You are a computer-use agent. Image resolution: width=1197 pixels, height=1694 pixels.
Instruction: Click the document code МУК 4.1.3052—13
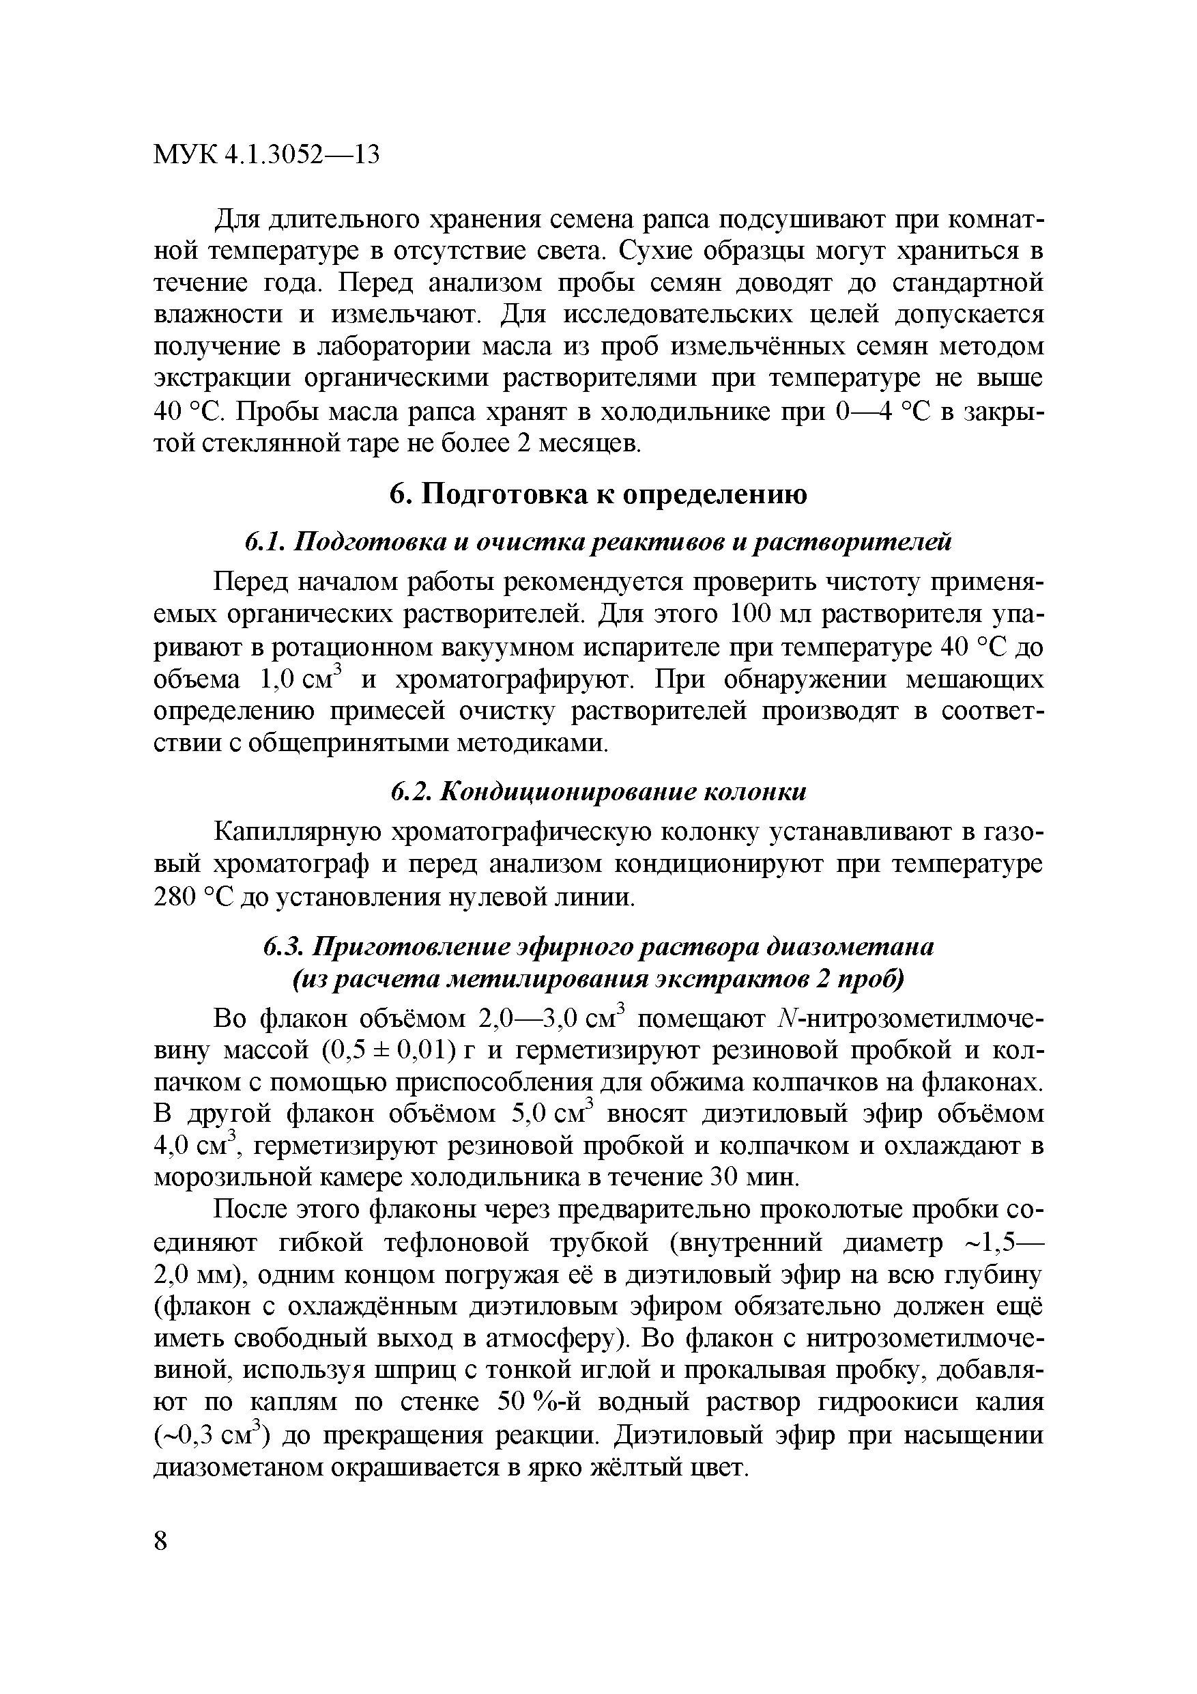click(x=266, y=155)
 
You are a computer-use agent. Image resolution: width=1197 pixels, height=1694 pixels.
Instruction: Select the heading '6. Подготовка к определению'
click(x=598, y=494)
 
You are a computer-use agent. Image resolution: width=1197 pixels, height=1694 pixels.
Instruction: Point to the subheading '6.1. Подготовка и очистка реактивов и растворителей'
click(x=598, y=542)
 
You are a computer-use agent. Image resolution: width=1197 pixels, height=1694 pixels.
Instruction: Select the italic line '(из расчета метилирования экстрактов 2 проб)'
click(x=598, y=980)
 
